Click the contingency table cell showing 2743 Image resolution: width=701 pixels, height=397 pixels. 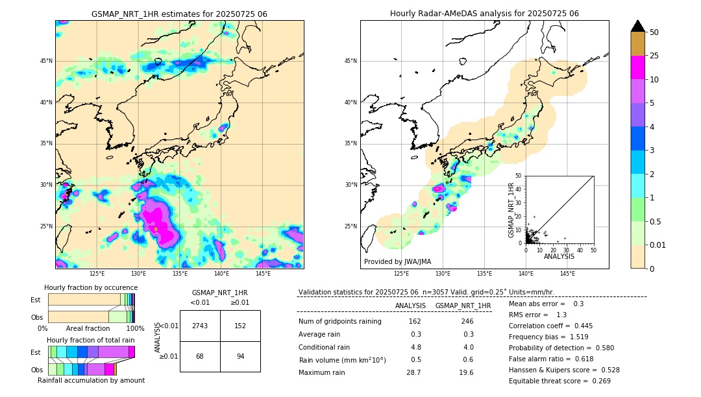pyautogui.click(x=200, y=326)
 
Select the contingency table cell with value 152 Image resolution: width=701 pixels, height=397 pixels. pyautogui.click(x=240, y=326)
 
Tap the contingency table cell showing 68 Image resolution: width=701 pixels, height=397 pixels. pyautogui.click(x=200, y=356)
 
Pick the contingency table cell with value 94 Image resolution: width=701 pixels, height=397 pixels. pyautogui.click(x=240, y=356)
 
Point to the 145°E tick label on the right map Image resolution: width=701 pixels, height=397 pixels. pyautogui.click(x=567, y=274)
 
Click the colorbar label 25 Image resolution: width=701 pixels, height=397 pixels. pyautogui.click(x=654, y=56)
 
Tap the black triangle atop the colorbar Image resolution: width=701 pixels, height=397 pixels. pyautogui.click(x=638, y=26)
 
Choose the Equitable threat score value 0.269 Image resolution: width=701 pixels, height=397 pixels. pyautogui.click(x=600, y=381)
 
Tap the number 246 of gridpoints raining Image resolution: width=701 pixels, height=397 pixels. pyautogui.click(x=467, y=321)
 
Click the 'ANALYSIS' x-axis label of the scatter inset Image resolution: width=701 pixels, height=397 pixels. pyautogui.click(x=559, y=256)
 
